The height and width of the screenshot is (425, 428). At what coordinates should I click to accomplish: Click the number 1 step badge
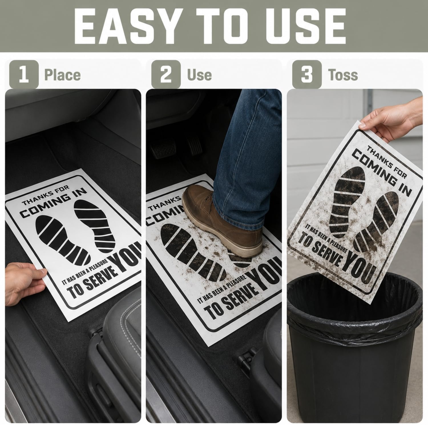[x=24, y=74]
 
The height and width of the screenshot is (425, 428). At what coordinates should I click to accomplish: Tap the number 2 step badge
[x=166, y=74]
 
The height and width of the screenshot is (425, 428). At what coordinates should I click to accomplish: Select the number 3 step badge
[x=307, y=74]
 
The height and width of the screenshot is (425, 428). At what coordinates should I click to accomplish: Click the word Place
[x=62, y=75]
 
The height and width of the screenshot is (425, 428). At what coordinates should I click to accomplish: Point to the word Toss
[x=343, y=75]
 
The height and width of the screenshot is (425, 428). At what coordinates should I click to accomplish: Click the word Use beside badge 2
[x=199, y=75]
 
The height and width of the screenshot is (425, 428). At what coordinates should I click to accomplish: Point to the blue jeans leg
[x=245, y=160]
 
